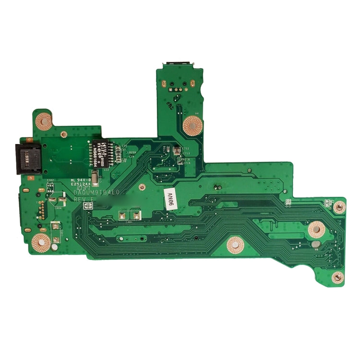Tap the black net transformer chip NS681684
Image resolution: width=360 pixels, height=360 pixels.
[x=102, y=154]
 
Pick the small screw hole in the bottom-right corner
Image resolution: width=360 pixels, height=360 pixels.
[x=338, y=276]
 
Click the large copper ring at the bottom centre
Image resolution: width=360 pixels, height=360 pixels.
[x=235, y=245]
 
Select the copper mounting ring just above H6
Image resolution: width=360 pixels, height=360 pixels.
[x=316, y=229]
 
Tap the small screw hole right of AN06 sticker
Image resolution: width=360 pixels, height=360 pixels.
[x=339, y=207]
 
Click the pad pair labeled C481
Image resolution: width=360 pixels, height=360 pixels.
[x=130, y=216]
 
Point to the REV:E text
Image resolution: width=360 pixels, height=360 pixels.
[x=84, y=199]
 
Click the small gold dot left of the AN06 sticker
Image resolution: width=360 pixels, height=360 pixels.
[x=141, y=186]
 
